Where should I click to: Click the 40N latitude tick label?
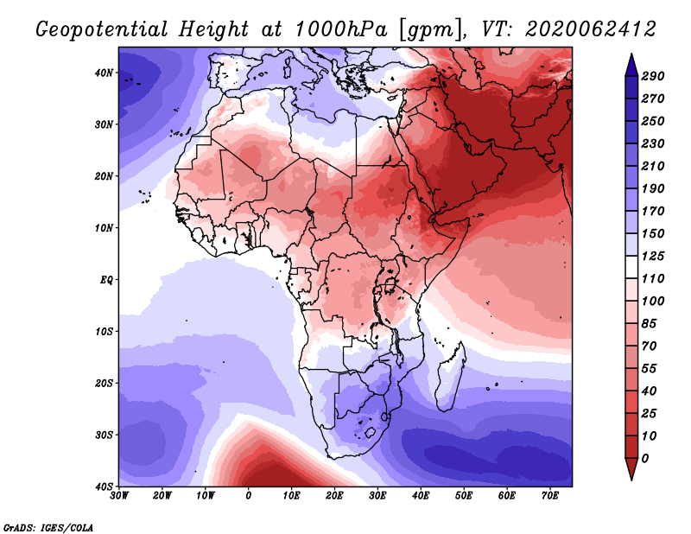pos(104,73)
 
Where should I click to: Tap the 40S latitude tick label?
pos(104,486)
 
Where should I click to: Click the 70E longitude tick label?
pos(549,495)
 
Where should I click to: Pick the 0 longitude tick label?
pos(249,495)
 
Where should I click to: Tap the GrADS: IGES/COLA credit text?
pos(48,527)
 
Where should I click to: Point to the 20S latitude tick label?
pos(104,383)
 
